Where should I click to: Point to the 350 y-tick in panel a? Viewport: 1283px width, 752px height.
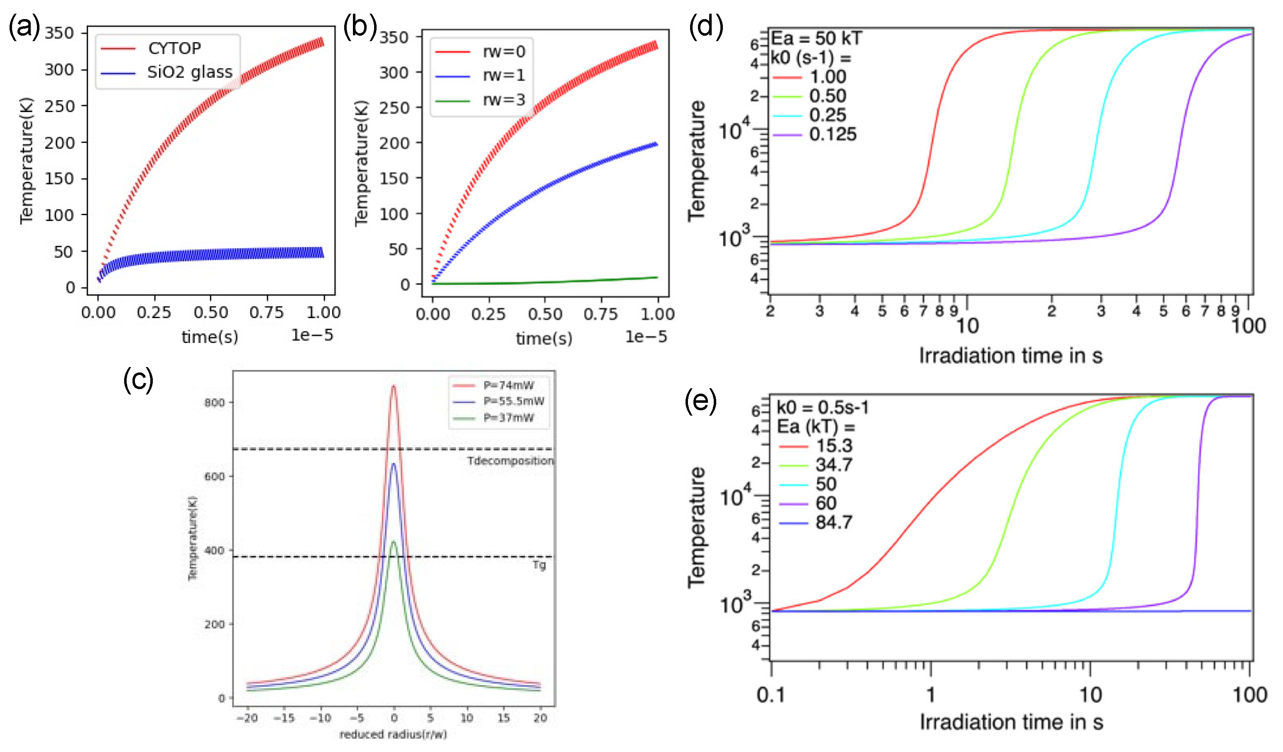coord(59,34)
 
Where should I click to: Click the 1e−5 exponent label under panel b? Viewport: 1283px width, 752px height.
coord(646,336)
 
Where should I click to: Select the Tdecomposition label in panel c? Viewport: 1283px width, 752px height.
coord(510,461)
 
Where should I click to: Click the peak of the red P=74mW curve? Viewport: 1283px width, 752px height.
coord(394,387)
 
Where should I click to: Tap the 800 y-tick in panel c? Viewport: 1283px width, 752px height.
coord(214,403)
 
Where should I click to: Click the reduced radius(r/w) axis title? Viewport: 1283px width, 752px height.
coord(393,734)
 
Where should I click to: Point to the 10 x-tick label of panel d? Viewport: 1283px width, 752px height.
coord(967,326)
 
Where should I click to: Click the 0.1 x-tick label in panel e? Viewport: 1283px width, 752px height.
coord(770,695)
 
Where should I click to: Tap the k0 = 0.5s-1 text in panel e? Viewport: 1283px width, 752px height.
coord(822,407)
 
